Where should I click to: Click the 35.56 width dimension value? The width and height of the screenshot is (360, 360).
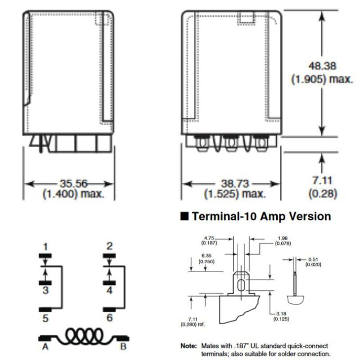coord(74,184)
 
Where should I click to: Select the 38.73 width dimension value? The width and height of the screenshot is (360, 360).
coord(235,184)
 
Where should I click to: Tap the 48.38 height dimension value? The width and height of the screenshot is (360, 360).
coord(322,66)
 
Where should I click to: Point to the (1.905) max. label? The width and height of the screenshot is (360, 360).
coord(322,79)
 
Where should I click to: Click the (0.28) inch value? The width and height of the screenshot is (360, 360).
coord(323,193)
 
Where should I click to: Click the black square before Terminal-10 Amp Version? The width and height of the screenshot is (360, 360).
coord(184,216)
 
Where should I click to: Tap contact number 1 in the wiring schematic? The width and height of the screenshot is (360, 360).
coord(45,247)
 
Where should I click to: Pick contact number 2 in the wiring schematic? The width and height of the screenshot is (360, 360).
coord(109,246)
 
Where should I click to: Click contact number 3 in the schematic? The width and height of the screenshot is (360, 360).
coord(46,290)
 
